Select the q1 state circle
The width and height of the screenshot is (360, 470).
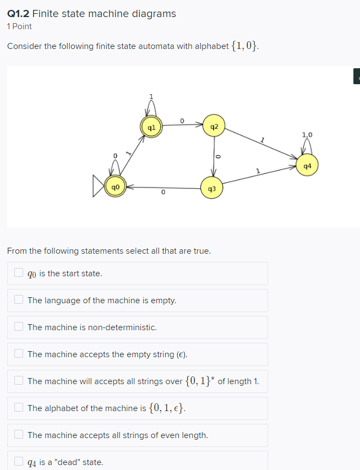tap(151, 127)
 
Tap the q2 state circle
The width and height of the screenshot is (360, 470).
tap(214, 127)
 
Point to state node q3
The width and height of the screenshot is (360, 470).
tap(212, 188)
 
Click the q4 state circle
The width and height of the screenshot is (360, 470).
tap(307, 165)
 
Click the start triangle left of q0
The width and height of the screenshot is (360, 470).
tap(98, 187)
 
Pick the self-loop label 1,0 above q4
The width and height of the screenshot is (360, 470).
tap(307, 134)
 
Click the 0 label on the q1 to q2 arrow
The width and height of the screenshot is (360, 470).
tap(182, 119)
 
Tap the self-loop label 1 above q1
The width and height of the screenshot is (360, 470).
tap(151, 97)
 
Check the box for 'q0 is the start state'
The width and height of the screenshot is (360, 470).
tap(19, 273)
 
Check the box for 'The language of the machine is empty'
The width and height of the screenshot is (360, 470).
tap(19, 300)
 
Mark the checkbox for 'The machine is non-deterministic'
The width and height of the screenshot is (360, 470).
tap(19, 327)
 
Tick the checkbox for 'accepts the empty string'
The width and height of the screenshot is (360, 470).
tap(19, 354)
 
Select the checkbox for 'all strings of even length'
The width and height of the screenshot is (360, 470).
tap(19, 435)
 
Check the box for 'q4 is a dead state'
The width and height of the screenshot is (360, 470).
tap(19, 462)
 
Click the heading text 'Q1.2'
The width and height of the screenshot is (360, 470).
tap(17, 13)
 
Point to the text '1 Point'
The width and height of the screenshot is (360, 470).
tap(19, 26)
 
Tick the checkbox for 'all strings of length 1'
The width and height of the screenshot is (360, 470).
tap(19, 381)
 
